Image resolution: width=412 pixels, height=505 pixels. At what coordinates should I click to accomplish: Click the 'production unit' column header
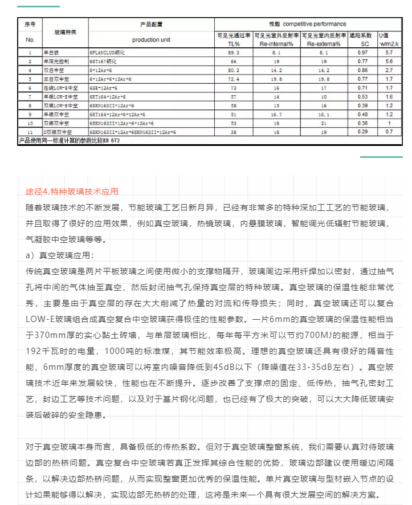point(151,40)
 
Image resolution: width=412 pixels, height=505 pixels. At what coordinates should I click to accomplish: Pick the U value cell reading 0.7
point(389,132)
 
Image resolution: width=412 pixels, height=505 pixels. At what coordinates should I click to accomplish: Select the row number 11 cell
point(30,132)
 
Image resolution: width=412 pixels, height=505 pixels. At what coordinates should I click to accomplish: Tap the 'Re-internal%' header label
point(276,43)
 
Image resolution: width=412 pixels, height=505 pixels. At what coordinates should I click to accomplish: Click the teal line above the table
point(38,6)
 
